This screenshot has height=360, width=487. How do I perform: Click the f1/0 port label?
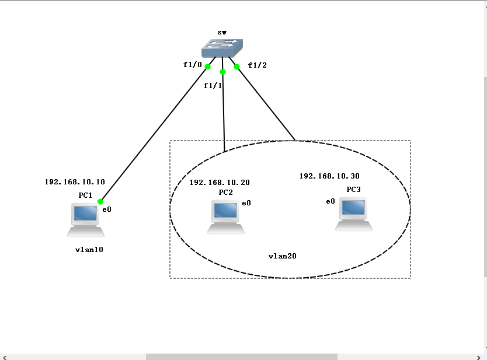[192, 65]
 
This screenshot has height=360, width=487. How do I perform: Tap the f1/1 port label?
[213, 86]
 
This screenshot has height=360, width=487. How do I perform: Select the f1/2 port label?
[257, 65]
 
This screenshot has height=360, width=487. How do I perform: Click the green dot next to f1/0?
[208, 67]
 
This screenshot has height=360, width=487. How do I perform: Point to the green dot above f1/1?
[222, 72]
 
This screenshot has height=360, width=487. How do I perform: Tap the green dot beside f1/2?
[237, 67]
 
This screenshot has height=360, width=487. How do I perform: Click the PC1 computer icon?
[85, 219]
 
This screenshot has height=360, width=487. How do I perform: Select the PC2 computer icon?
[225, 216]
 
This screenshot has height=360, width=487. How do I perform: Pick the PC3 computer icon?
[354, 215]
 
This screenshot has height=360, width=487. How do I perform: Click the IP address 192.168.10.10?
[75, 182]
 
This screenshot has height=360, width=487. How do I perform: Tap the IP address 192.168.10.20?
[220, 183]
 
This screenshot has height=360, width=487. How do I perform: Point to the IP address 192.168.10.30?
[329, 176]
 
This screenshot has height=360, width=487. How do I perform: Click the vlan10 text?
[89, 249]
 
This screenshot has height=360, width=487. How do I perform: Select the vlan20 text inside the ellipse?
[283, 256]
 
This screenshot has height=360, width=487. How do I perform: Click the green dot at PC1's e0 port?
[100, 201]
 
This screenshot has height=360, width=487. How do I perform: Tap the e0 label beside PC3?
[331, 201]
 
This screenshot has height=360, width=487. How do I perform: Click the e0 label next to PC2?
[246, 204]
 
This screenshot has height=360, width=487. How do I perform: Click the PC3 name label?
[353, 190]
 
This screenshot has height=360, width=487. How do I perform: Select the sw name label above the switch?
[222, 33]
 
